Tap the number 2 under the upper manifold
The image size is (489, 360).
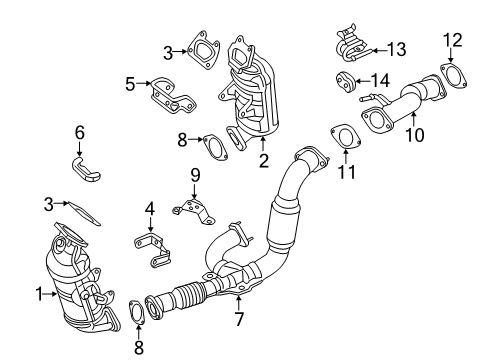coord(264,158)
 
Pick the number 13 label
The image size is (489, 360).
coord(396,48)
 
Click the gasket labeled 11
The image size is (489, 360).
coord(343,136)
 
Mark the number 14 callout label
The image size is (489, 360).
coord(381,80)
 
